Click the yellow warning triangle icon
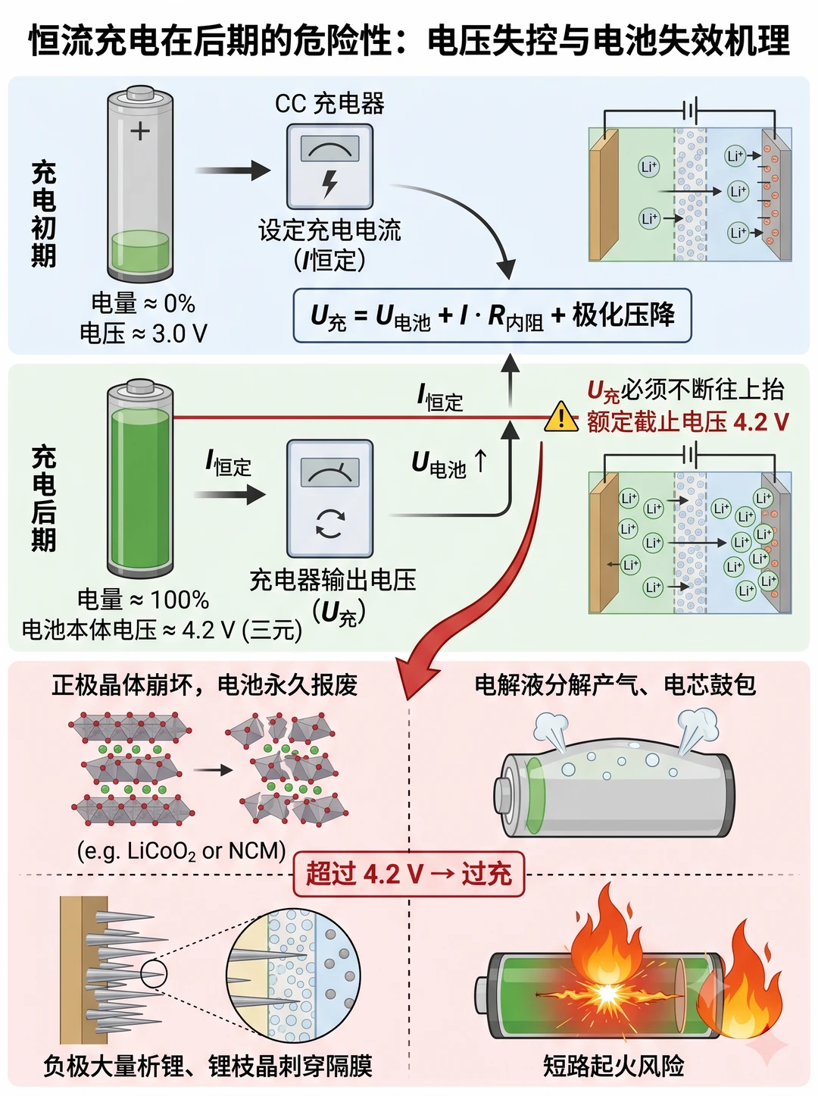(x=561, y=416)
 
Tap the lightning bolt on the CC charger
(x=329, y=183)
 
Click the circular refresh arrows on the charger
(x=329, y=523)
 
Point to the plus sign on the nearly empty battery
(x=140, y=131)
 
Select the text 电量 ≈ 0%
(x=143, y=303)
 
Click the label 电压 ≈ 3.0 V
(x=143, y=333)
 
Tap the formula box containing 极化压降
(x=492, y=315)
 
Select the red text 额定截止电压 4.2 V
(x=688, y=421)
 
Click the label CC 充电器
(x=329, y=103)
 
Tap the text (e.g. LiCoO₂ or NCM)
(x=182, y=850)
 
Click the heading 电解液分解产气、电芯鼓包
(x=614, y=685)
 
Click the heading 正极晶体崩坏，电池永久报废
(x=204, y=685)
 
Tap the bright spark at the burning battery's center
(x=606, y=994)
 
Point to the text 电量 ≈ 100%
(x=143, y=600)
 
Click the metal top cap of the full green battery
(x=140, y=388)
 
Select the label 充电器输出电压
(x=333, y=580)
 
